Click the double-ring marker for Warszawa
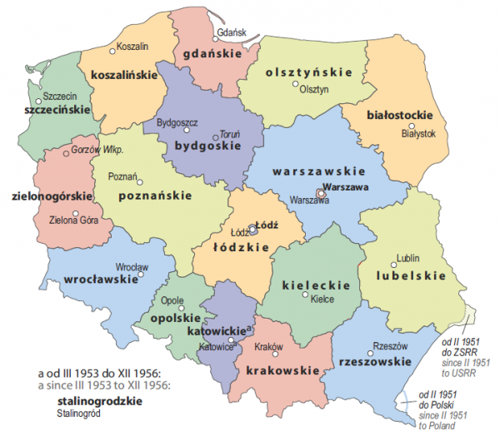pos(321,191)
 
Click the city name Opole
pos(172,300)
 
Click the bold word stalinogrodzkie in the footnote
pos(97,400)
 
